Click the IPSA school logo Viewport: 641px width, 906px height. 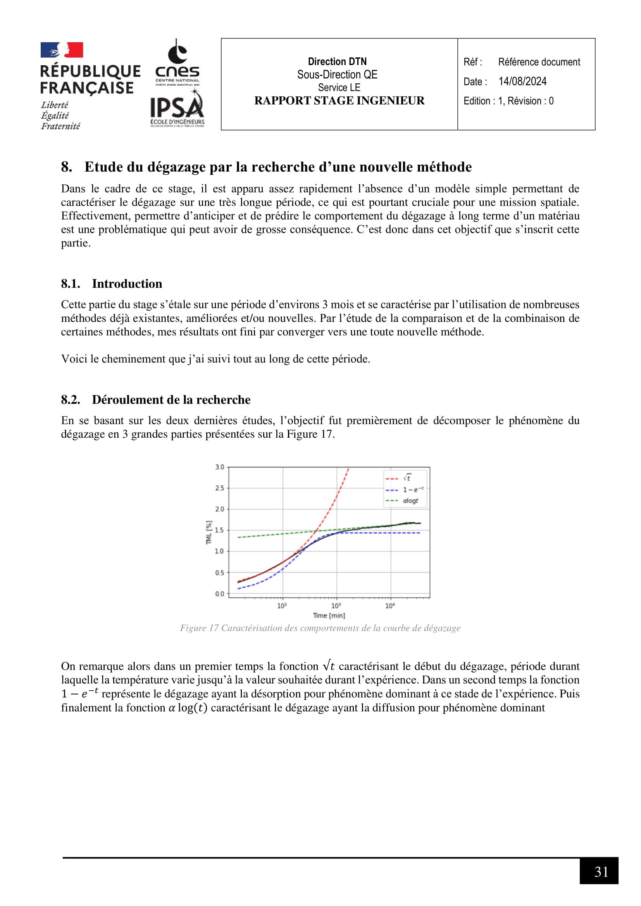(x=177, y=108)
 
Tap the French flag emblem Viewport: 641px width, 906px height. (x=62, y=50)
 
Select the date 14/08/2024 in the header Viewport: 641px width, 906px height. (x=522, y=81)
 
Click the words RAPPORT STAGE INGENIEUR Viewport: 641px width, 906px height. (x=339, y=101)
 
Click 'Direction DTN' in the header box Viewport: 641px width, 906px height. (x=337, y=62)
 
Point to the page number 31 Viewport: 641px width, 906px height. (x=601, y=872)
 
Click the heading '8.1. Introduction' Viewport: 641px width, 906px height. (x=111, y=284)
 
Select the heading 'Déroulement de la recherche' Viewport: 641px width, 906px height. (x=171, y=400)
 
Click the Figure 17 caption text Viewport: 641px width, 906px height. (x=320, y=628)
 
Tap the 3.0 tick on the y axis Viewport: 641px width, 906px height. (x=219, y=467)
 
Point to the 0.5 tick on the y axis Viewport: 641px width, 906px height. (x=219, y=572)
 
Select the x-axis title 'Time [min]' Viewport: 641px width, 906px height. (x=329, y=615)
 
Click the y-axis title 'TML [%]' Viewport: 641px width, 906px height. (x=209, y=532)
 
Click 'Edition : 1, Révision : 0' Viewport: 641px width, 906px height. (x=508, y=101)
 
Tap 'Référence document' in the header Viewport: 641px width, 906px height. (x=539, y=62)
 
